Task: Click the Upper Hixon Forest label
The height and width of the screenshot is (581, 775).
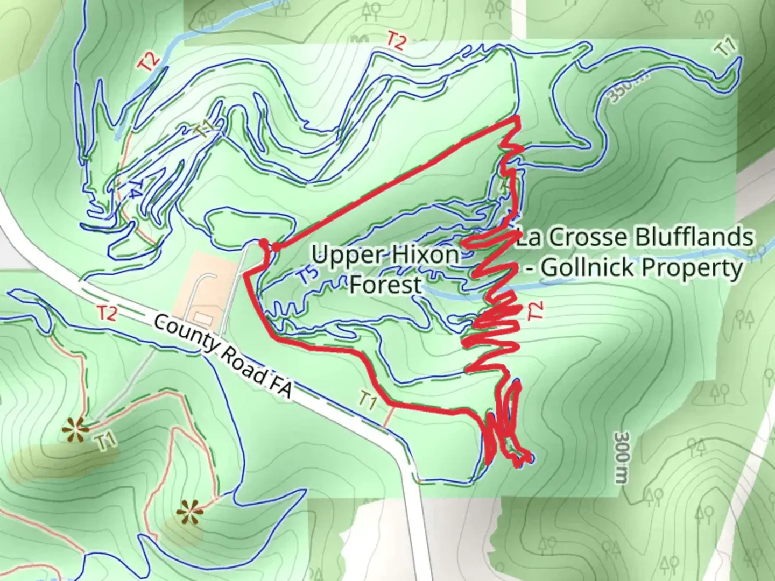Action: click(385, 269)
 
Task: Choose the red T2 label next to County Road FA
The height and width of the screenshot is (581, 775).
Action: click(107, 313)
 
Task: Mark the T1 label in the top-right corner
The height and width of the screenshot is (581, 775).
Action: click(725, 48)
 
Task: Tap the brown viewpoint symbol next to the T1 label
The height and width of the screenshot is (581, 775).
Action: click(73, 429)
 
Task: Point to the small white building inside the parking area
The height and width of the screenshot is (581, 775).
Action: click(202, 316)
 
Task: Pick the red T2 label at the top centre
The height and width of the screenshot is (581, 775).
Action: click(396, 41)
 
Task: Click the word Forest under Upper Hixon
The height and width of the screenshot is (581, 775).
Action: click(385, 285)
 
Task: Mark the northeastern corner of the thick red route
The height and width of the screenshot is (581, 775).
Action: click(517, 118)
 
